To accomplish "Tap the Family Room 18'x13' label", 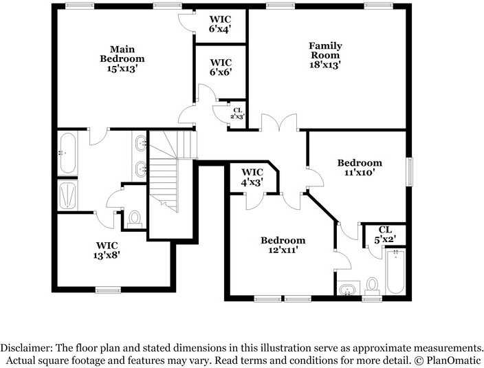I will (325, 55).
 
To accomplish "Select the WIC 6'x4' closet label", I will (221, 24).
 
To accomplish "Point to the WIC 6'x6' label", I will (221, 67).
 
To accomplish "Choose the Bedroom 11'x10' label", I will (360, 168).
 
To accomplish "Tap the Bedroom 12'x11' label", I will (283, 245).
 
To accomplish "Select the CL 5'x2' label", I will (385, 235).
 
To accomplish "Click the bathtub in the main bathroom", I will (67, 153).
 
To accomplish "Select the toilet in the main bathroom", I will (134, 219).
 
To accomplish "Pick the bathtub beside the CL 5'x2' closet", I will (395, 272).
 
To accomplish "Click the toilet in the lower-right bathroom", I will (372, 285).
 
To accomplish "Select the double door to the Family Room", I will (278, 124).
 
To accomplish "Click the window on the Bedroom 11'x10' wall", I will (410, 171).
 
